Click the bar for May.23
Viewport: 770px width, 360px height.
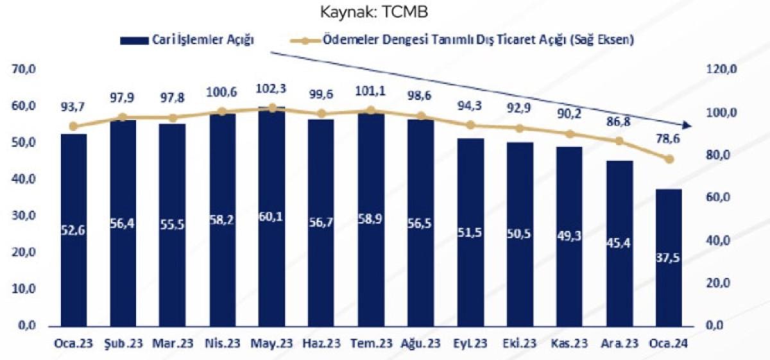(271, 218)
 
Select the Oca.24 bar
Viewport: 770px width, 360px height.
(669, 257)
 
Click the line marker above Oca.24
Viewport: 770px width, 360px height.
(669, 159)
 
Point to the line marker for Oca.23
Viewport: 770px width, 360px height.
(73, 126)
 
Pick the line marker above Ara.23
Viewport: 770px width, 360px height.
(619, 141)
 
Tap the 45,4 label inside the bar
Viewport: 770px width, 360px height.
(619, 243)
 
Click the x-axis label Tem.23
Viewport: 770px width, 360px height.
(371, 343)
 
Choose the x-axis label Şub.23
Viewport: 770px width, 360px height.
(123, 343)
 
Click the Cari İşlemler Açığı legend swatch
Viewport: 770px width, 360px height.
(132, 40)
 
